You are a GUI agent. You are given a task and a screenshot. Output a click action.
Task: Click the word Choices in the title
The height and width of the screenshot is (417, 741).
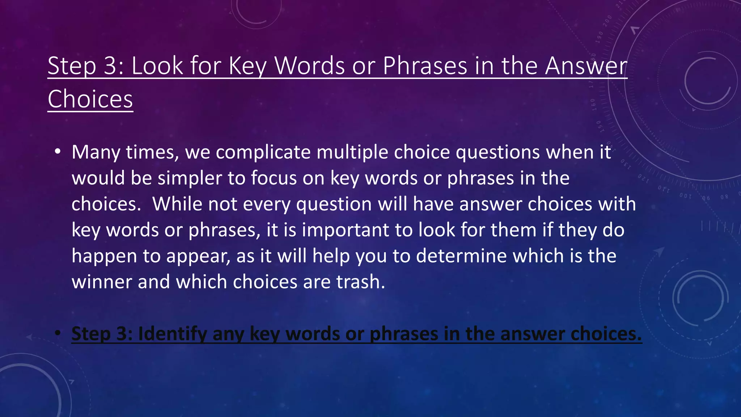click(x=90, y=99)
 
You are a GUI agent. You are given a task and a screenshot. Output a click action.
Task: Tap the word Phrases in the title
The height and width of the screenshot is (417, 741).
click(x=425, y=66)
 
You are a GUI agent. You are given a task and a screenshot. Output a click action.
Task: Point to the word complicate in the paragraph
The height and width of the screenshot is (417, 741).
click(x=263, y=152)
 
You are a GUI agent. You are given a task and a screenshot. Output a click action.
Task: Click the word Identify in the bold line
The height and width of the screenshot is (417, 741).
click(x=172, y=334)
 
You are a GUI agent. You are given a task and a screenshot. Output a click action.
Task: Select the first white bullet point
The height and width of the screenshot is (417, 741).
click(x=58, y=152)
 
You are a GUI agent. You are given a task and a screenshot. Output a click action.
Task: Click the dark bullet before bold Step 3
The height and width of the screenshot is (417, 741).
click(x=58, y=333)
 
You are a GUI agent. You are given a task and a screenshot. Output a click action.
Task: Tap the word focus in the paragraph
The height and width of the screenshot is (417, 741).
click(x=274, y=178)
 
